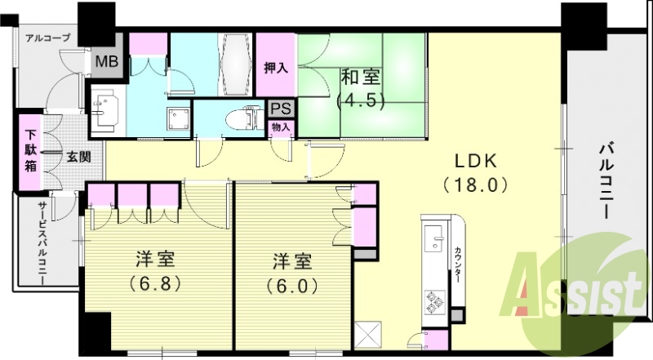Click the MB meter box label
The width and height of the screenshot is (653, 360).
click(x=106, y=61)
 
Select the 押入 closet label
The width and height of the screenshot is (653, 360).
click(x=276, y=68)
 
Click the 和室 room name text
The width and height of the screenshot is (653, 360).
click(x=360, y=79)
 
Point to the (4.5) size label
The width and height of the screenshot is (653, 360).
click(x=360, y=102)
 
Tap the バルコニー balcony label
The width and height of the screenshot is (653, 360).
click(x=608, y=180)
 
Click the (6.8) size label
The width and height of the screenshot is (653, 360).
click(x=155, y=285)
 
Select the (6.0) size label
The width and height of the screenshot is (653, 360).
click(x=292, y=287)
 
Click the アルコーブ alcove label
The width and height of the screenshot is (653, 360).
click(x=47, y=38)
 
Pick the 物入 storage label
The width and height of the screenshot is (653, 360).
click(x=282, y=127)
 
